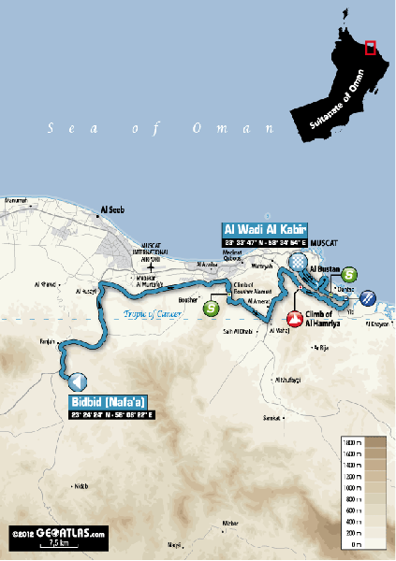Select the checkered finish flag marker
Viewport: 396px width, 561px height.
click(x=298, y=262)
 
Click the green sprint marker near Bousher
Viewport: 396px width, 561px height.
click(x=212, y=306)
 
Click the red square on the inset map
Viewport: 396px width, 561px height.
click(x=371, y=48)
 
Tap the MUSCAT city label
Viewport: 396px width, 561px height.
click(x=322, y=242)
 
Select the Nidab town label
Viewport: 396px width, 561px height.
click(x=81, y=485)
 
